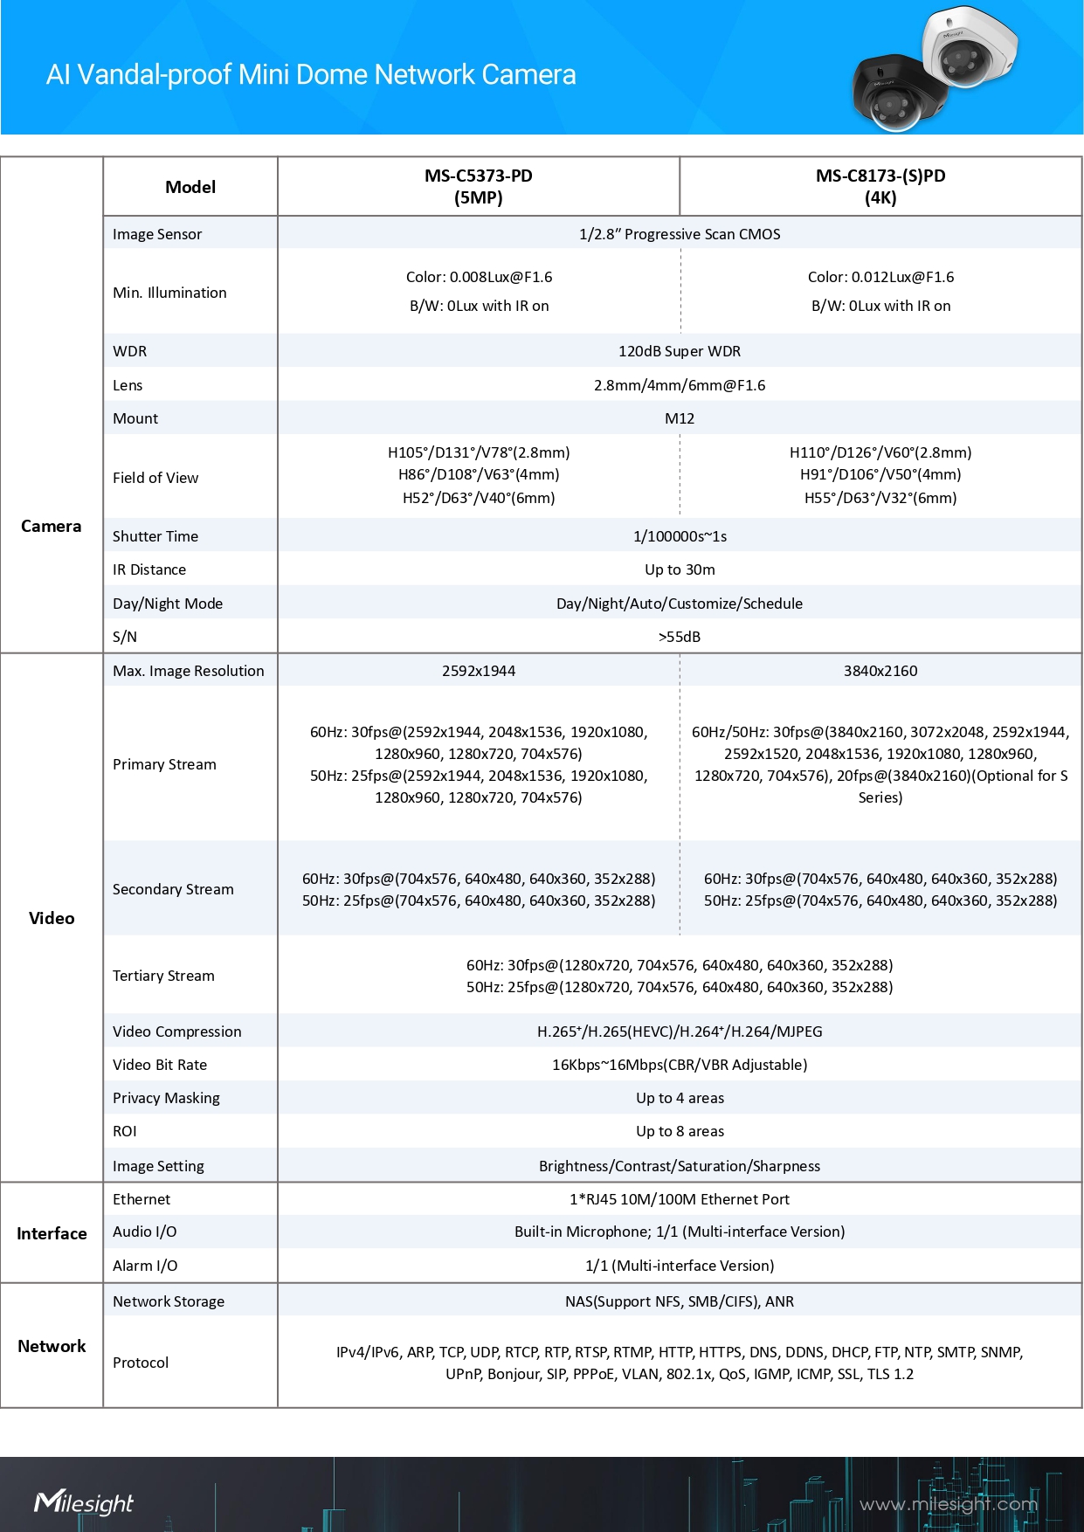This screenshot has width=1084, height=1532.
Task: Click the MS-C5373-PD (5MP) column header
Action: click(479, 186)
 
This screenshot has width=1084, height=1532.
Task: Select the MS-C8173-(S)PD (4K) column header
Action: click(880, 186)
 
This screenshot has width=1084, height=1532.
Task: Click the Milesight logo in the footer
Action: click(84, 1502)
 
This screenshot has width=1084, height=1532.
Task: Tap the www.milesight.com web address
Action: click(948, 1504)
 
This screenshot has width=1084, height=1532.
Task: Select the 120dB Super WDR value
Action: click(680, 351)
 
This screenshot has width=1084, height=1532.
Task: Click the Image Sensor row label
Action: click(157, 234)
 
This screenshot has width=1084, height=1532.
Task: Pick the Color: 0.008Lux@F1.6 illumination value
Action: click(479, 277)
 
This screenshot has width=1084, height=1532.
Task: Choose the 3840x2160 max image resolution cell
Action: click(880, 671)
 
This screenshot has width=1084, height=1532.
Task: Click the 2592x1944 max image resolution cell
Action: click(479, 671)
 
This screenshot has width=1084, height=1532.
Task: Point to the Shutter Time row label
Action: click(155, 536)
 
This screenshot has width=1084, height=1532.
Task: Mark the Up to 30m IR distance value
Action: click(680, 569)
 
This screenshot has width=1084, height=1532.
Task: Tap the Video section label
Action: click(52, 918)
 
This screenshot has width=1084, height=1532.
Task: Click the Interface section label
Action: click(52, 1233)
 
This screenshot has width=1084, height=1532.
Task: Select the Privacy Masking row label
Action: click(166, 1098)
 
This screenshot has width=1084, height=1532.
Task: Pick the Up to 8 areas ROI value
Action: click(680, 1131)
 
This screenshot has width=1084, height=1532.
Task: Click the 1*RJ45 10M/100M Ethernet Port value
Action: click(680, 1199)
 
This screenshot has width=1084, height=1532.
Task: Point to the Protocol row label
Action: click(141, 1363)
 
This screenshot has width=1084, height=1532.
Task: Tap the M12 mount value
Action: click(680, 418)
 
